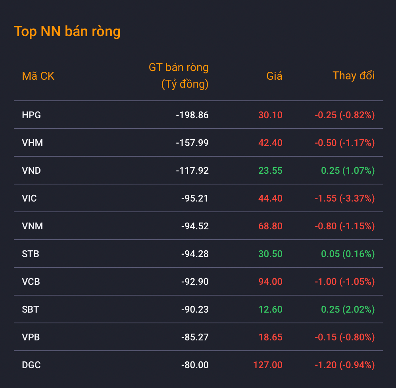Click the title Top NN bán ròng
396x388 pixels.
click(x=67, y=32)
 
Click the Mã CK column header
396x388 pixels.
click(x=38, y=76)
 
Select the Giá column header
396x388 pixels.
click(x=274, y=76)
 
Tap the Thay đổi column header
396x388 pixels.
click(x=354, y=76)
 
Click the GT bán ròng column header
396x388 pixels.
click(x=179, y=76)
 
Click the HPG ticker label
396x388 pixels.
click(x=32, y=115)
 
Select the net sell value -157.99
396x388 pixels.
click(x=192, y=143)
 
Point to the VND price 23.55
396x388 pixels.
click(x=270, y=171)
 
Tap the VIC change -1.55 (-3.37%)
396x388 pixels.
click(x=344, y=198)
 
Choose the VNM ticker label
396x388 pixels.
click(x=33, y=226)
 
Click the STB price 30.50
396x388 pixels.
click(x=270, y=254)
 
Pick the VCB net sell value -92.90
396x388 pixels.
click(x=195, y=282)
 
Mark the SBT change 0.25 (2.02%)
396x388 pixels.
click(x=348, y=309)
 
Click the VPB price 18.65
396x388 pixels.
click(x=270, y=337)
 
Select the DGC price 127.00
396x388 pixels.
click(x=268, y=365)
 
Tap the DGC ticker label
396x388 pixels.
click(x=31, y=365)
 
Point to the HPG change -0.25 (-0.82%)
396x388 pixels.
click(x=344, y=115)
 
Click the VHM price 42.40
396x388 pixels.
click(x=270, y=143)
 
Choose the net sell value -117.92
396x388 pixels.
click(x=192, y=171)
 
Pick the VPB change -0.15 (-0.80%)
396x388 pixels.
click(x=344, y=337)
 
